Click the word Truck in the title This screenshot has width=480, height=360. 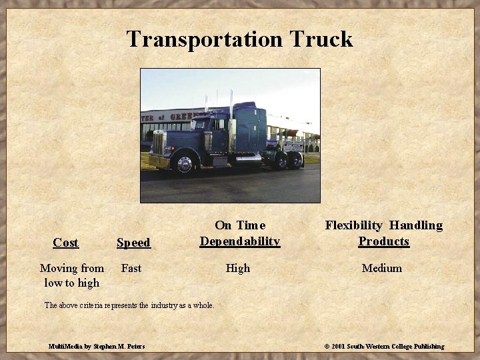321,39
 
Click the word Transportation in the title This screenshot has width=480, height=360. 206,39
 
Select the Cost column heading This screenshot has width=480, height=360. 65,243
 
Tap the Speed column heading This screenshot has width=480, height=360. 133,243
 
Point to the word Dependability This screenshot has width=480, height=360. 240,241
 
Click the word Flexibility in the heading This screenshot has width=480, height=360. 353,225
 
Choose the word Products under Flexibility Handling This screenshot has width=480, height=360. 383,241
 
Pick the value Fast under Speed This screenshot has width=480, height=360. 131,268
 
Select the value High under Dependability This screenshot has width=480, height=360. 238,268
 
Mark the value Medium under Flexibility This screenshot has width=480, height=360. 382,268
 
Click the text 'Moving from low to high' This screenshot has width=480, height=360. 71,275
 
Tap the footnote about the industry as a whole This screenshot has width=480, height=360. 129,305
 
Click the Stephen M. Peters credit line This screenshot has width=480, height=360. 97,346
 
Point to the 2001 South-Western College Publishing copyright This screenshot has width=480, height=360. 384,346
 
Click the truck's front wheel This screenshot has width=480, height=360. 185,163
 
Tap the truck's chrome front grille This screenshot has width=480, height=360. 159,143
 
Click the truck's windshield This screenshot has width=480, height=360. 200,124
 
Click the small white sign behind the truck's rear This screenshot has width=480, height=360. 293,145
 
